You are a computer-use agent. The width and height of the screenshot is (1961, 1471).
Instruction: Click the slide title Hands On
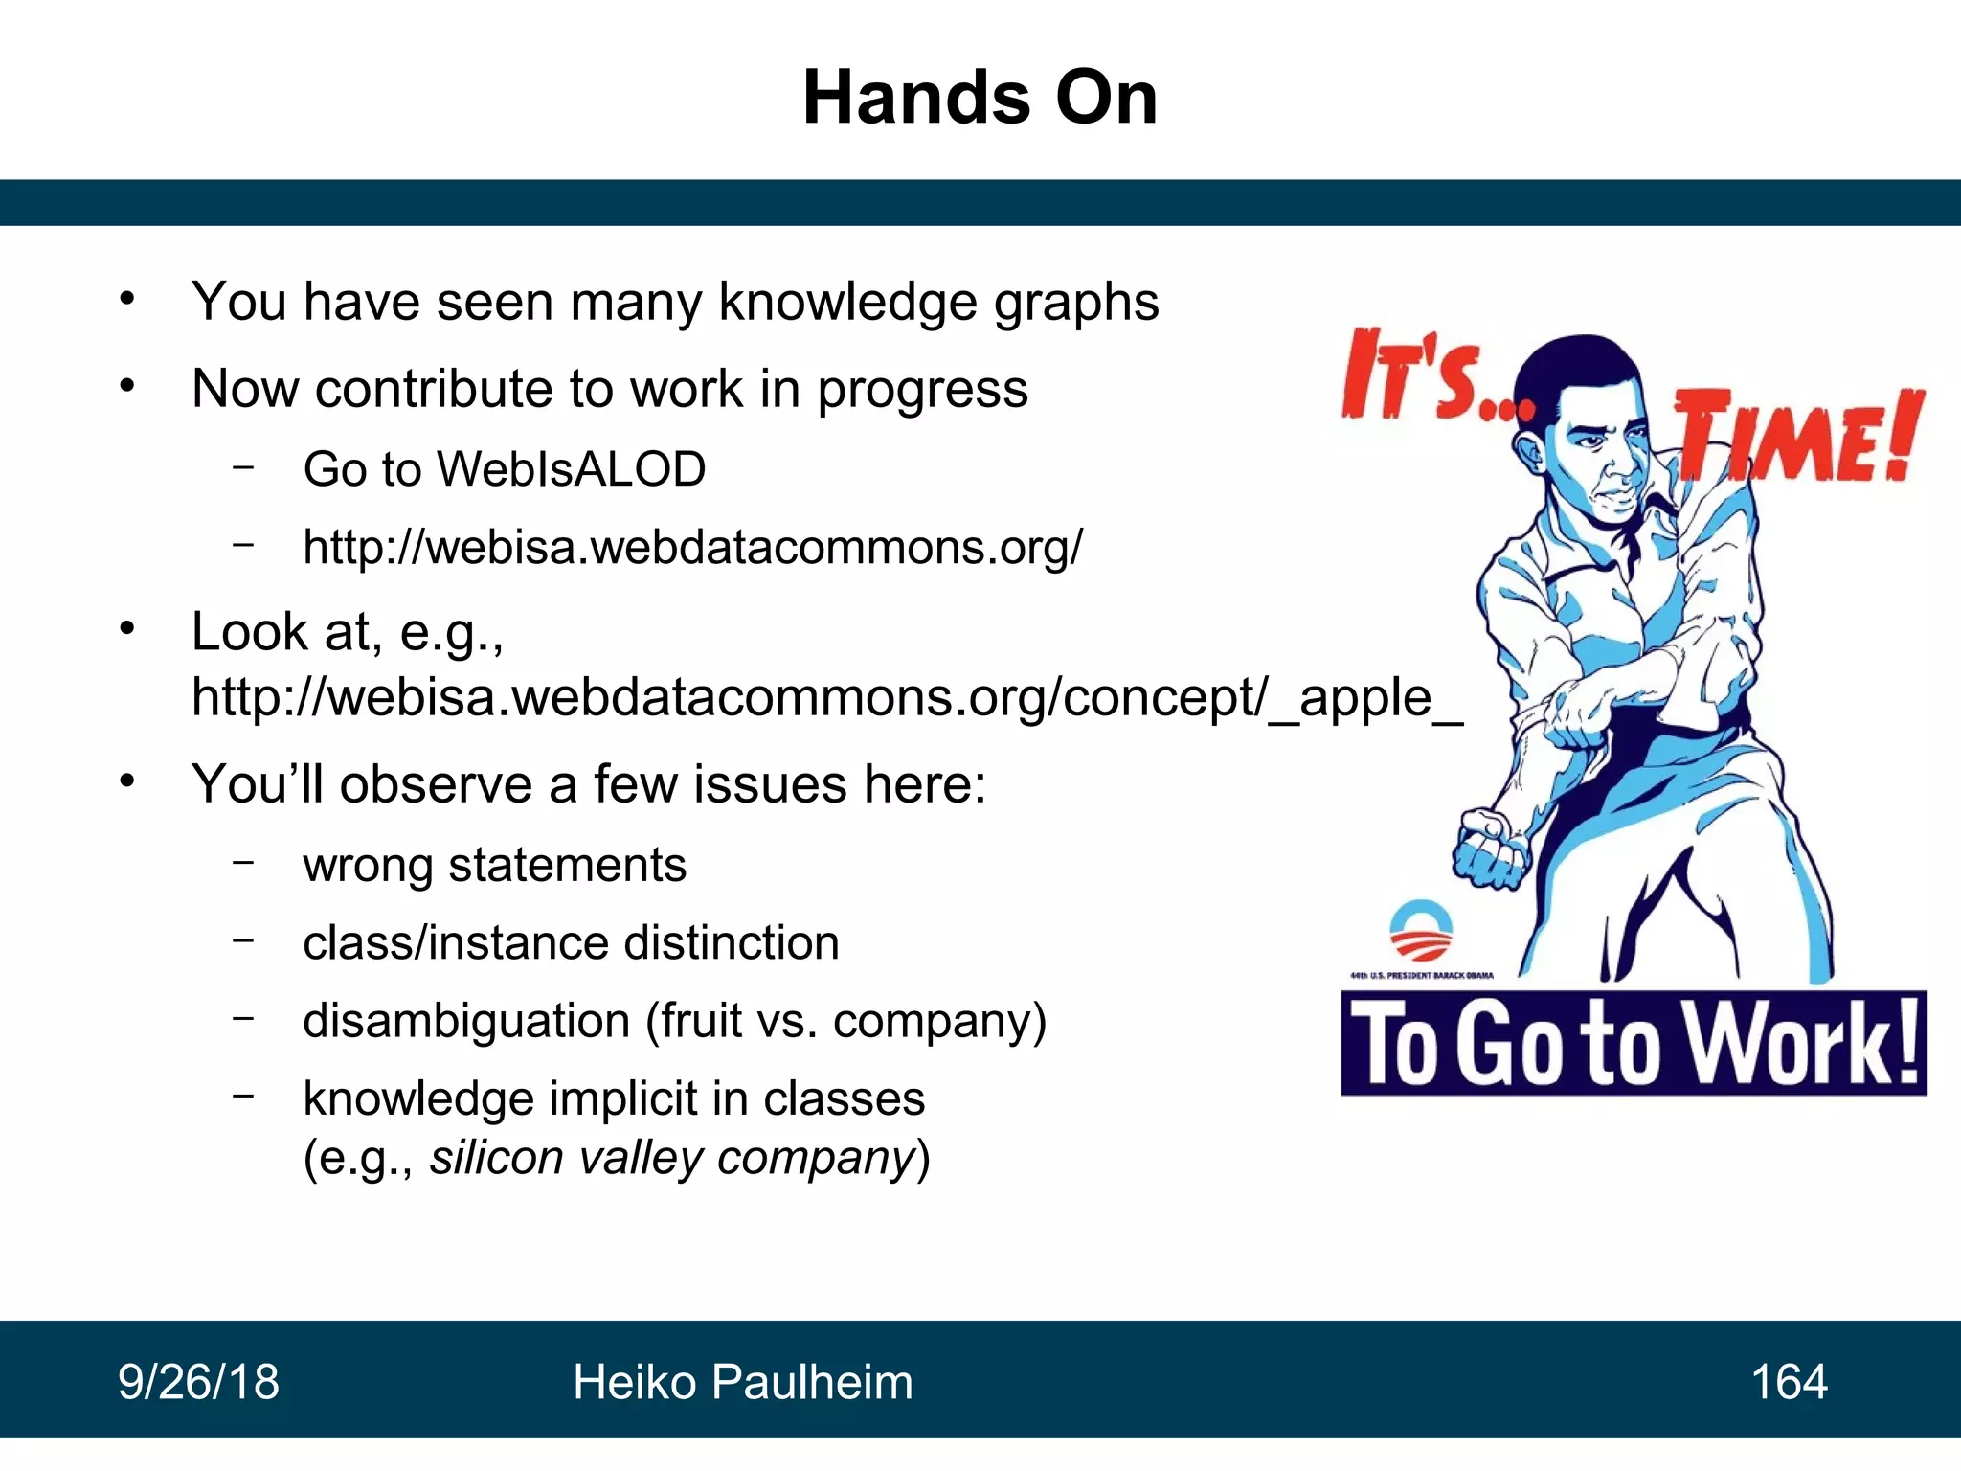[x=980, y=98]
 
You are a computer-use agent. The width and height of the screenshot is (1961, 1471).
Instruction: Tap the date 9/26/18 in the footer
[x=198, y=1382]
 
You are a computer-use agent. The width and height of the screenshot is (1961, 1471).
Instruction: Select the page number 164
[x=1789, y=1382]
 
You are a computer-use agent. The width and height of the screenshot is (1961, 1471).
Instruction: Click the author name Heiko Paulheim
[x=742, y=1382]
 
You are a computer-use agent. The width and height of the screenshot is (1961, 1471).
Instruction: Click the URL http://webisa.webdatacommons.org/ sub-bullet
[x=692, y=547]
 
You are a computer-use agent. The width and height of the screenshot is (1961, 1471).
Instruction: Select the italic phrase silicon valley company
[x=673, y=1157]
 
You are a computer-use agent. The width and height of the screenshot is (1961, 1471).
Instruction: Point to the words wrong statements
[x=494, y=865]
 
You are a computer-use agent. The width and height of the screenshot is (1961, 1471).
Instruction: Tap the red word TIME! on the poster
[x=1797, y=436]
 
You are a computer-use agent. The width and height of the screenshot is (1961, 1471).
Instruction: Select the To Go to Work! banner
[x=1634, y=1044]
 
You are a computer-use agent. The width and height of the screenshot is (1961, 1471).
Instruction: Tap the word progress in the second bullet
[x=921, y=390]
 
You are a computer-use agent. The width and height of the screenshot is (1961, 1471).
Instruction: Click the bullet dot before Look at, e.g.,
[x=127, y=630]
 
